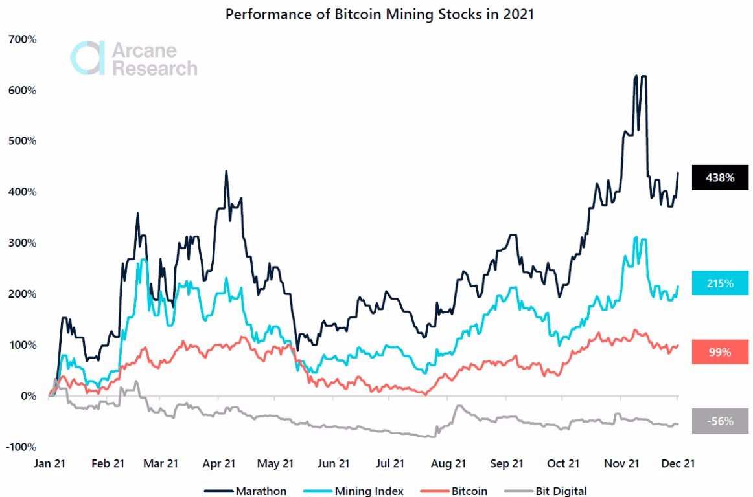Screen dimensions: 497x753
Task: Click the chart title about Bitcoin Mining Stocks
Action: (x=379, y=14)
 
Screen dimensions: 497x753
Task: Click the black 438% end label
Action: (x=720, y=177)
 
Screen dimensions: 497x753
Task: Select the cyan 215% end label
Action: (x=720, y=283)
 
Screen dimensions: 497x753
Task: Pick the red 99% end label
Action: (x=720, y=352)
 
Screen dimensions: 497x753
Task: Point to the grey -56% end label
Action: (x=720, y=421)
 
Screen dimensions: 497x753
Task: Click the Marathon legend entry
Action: (x=246, y=491)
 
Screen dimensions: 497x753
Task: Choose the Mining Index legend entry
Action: (x=353, y=491)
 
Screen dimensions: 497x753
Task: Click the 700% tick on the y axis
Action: (x=23, y=39)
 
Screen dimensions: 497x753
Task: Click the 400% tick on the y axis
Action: (x=23, y=192)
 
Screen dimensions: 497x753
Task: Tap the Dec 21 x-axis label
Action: (x=677, y=463)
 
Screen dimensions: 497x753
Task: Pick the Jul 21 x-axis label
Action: (x=390, y=463)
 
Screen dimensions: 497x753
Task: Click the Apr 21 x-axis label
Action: (x=219, y=463)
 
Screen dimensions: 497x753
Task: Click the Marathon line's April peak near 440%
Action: (x=226, y=171)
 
